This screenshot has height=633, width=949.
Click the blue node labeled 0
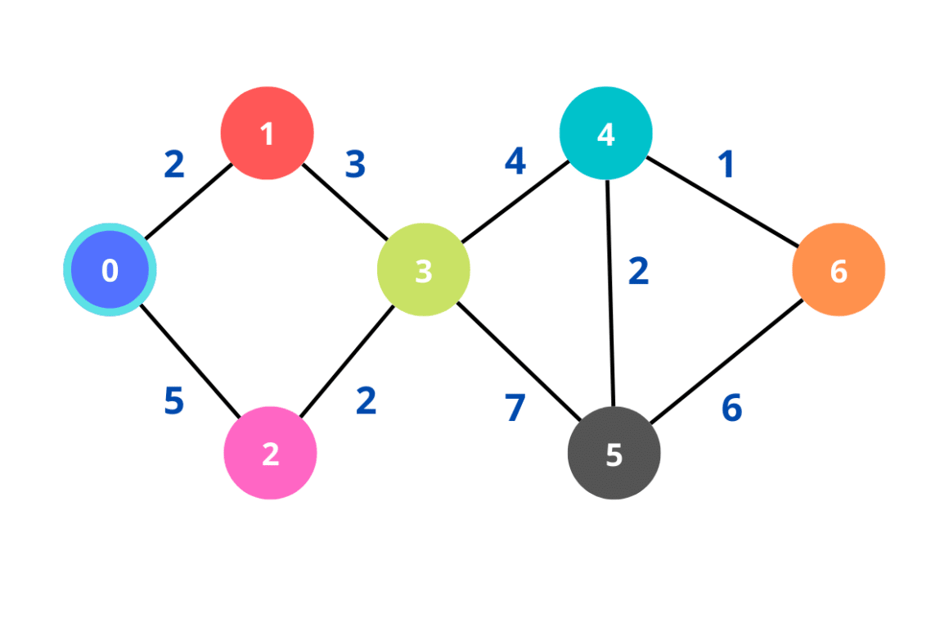tap(110, 269)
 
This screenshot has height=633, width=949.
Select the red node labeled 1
tap(267, 133)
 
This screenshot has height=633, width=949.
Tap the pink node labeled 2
tap(270, 453)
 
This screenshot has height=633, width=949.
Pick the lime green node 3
tap(423, 270)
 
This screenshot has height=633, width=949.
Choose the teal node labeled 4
tap(605, 133)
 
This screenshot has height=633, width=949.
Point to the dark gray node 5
tap(614, 453)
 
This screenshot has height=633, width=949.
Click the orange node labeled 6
tap(838, 269)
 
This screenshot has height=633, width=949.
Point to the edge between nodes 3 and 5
tap(517, 360)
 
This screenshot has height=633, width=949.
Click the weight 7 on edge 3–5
tap(515, 408)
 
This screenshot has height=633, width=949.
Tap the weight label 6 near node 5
tap(731, 407)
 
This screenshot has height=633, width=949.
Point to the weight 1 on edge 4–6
tap(725, 165)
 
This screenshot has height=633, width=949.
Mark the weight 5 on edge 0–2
tap(173, 401)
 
